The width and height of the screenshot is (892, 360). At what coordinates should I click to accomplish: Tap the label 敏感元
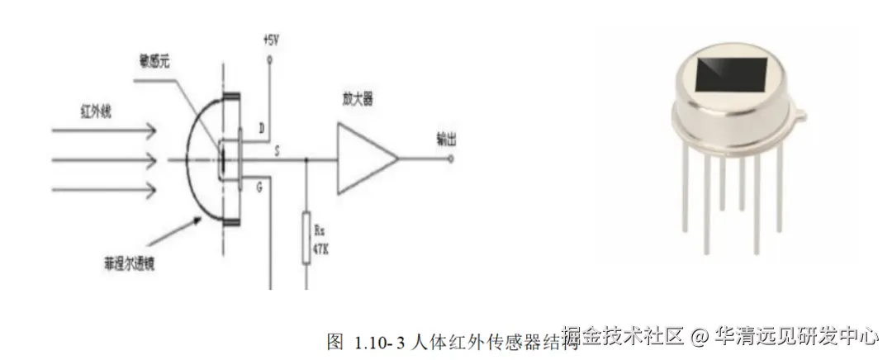pos(155,61)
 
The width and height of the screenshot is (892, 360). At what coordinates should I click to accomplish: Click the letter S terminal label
pos(275,152)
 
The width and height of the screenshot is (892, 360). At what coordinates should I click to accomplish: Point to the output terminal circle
pos(450,159)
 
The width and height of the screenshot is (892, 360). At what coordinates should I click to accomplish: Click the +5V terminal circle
pos(270,60)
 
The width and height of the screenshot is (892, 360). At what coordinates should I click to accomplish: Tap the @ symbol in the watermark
pos(700,337)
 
